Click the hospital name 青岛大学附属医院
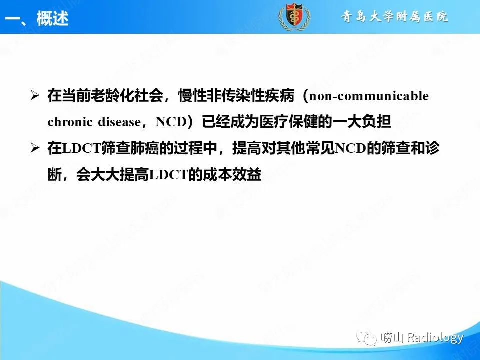[395, 17]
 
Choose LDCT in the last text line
[168, 174]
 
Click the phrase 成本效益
[238, 174]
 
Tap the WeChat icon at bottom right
[370, 338]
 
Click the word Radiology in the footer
[435, 337]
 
